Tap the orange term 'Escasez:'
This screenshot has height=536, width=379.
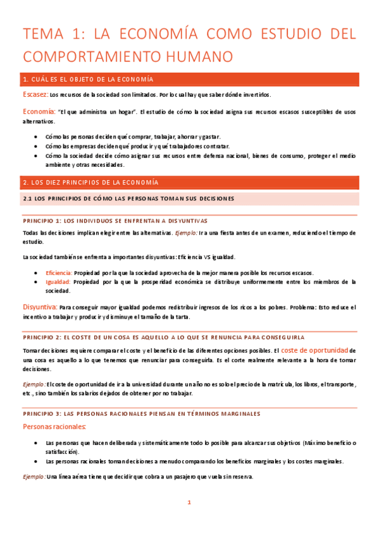tap(35, 95)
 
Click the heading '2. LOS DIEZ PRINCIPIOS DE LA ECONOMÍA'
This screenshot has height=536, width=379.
tap(90, 183)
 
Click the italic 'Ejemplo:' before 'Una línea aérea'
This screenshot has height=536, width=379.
tap(33, 477)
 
